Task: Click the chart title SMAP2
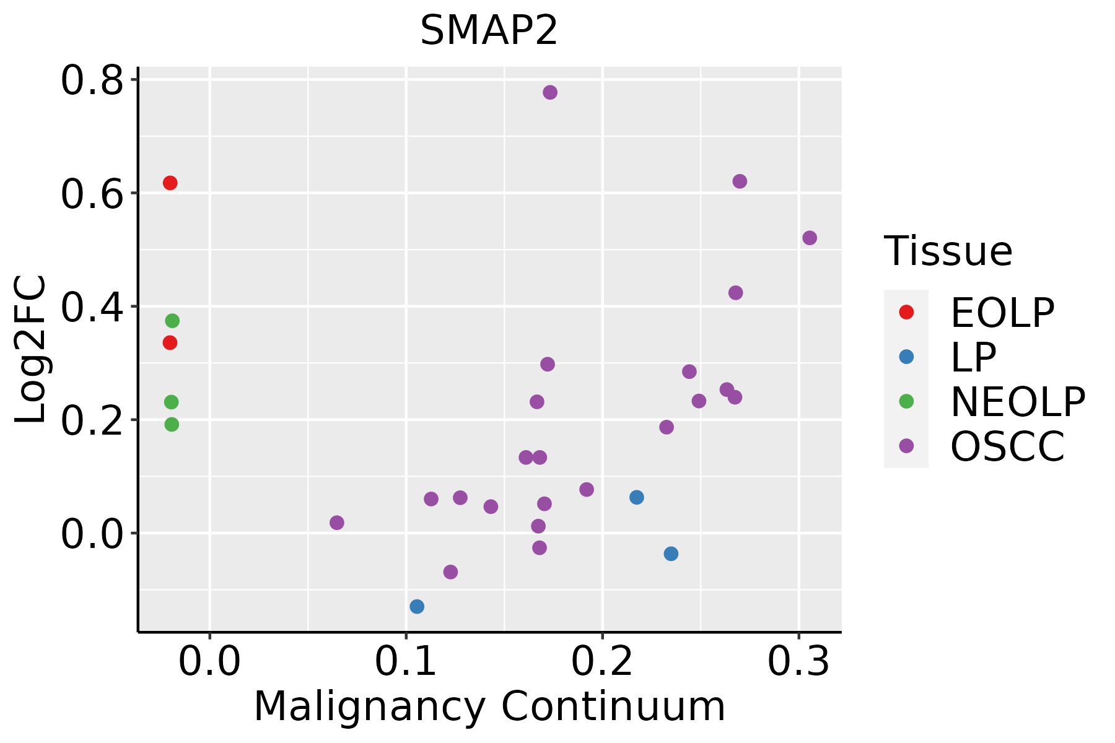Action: pos(489,31)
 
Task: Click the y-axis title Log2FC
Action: pos(31,350)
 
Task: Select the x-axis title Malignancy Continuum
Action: pos(489,707)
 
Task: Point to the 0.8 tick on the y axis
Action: pos(92,80)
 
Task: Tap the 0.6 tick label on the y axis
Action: pos(92,194)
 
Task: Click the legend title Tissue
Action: pos(948,251)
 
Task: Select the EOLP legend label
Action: pos(1002,313)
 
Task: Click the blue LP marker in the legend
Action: pos(906,357)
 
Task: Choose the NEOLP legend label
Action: pos(1018,402)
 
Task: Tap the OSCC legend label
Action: pos(1007,446)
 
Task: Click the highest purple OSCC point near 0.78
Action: pos(550,92)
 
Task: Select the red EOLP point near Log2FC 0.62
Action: pos(170,183)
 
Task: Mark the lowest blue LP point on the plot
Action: pos(417,606)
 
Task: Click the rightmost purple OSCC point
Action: pos(810,238)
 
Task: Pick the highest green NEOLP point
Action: pos(172,321)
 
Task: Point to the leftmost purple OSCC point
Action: pos(337,523)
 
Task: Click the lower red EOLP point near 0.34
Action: pos(170,342)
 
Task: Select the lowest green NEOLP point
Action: pos(172,424)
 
